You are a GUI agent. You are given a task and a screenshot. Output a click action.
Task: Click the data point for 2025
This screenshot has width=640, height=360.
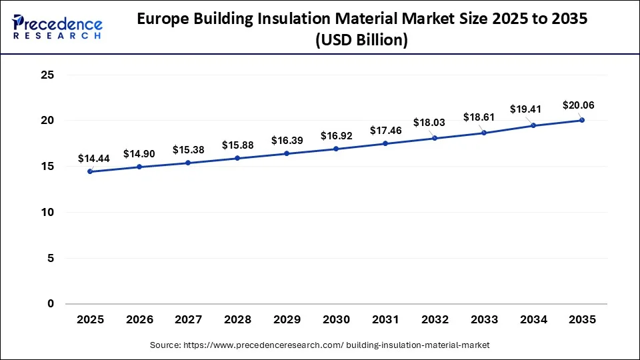click(90, 171)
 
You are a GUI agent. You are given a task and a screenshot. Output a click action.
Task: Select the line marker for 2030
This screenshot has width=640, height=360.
click(336, 149)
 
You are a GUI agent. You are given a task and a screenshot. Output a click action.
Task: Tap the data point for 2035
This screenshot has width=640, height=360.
click(582, 120)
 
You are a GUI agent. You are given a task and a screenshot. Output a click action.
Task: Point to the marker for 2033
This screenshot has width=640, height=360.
click(484, 133)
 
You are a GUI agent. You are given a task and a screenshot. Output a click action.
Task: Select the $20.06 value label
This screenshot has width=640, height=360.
click(579, 105)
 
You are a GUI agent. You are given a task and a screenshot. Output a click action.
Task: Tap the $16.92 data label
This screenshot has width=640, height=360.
click(336, 136)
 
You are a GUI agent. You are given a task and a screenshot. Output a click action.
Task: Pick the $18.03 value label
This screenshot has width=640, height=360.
click(434, 123)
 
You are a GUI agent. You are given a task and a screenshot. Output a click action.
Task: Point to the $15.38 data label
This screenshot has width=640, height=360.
click(188, 150)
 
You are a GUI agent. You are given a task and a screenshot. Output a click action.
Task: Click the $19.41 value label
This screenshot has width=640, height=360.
click(526, 109)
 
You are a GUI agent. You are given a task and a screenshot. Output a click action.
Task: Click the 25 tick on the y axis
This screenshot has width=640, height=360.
click(47, 75)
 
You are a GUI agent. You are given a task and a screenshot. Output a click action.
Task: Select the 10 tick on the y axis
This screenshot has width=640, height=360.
click(47, 212)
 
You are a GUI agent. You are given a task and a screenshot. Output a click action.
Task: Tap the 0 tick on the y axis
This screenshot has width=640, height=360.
click(50, 304)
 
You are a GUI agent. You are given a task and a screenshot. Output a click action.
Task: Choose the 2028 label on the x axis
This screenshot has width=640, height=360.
click(237, 320)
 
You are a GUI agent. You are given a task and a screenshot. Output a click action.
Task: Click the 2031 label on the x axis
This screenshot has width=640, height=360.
click(385, 320)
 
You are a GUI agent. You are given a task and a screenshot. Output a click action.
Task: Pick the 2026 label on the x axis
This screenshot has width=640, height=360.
click(139, 320)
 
